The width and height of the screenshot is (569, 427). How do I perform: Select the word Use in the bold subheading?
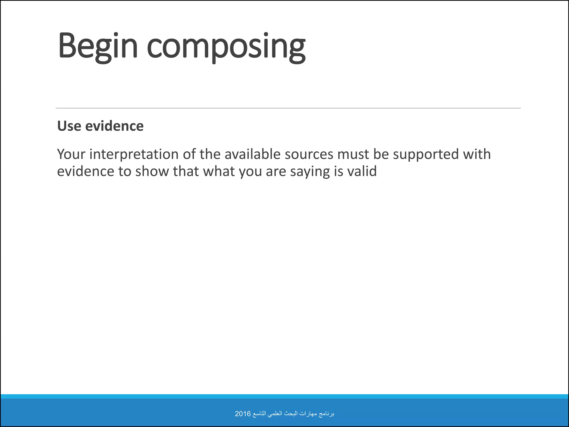click(69, 126)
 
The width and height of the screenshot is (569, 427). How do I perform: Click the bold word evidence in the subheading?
click(114, 126)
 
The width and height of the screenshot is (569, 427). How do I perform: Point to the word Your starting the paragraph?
click(71, 154)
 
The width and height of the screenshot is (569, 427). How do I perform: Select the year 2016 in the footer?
click(243, 414)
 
